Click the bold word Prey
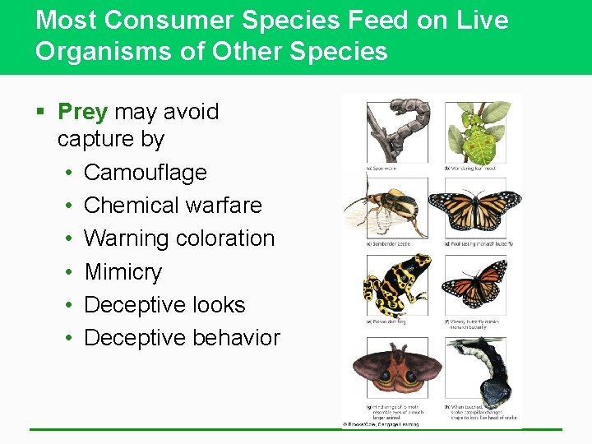(82, 112)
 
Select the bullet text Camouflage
(145, 173)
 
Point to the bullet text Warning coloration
(178, 238)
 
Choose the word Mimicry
(123, 272)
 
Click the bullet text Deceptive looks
(164, 305)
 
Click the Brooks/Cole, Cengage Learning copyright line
(382, 424)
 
